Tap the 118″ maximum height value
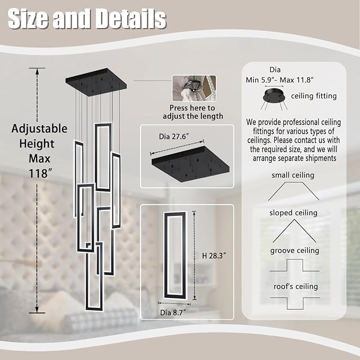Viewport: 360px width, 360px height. [x=39, y=173]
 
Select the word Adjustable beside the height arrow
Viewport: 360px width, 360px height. [x=39, y=128]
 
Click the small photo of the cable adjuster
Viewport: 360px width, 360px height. [x=194, y=89]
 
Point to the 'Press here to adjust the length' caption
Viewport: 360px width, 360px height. [x=193, y=112]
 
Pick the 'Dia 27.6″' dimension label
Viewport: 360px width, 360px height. [x=173, y=136]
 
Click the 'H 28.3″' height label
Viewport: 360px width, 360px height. [x=214, y=256]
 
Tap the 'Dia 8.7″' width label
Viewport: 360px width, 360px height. [x=173, y=312]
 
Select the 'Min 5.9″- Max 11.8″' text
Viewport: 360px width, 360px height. [x=279, y=80]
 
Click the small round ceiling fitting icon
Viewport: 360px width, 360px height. [x=274, y=96]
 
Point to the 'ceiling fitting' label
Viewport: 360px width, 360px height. [x=314, y=96]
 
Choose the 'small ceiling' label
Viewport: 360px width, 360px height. [x=293, y=175]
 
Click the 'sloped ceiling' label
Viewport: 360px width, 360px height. [x=293, y=213]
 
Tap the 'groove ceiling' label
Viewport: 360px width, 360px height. [x=295, y=250]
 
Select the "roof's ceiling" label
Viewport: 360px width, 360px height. [x=296, y=286]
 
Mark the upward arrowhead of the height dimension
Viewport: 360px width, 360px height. [x=37, y=72]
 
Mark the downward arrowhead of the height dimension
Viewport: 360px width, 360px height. [x=37, y=309]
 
